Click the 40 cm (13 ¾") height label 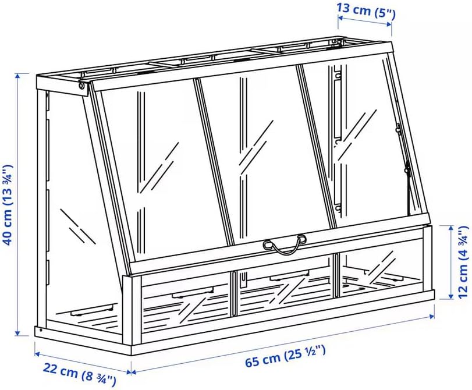pos(8,205)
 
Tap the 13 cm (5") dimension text pos(365,11)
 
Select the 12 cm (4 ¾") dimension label pos(464,262)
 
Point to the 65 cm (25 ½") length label pos(285,357)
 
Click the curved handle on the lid pos(285,245)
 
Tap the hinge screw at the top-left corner pos(81,86)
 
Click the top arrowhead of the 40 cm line pos(18,75)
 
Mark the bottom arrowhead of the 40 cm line pos(18,333)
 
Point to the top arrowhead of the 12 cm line pos(450,228)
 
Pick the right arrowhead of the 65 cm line pos(432,316)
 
